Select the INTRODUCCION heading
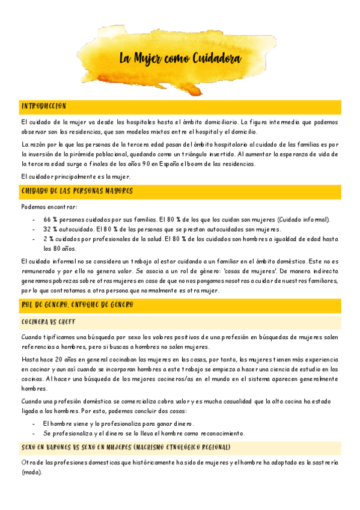[43, 106]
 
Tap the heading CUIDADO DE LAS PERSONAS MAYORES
[77, 191]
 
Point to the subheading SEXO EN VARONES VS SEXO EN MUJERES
[126, 447]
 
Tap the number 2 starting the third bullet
[45, 239]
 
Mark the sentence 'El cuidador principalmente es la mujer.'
[76, 176]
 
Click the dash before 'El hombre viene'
[34, 423]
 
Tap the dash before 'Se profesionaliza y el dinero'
[34, 433]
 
